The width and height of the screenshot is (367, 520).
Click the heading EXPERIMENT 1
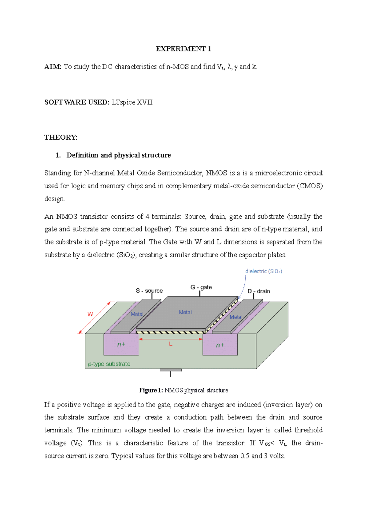pyautogui.click(x=183, y=49)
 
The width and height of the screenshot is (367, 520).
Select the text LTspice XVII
pyautogui.click(x=132, y=102)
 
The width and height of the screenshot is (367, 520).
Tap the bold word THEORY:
pyautogui.click(x=61, y=138)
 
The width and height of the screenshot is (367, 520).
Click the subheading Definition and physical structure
pyautogui.click(x=118, y=155)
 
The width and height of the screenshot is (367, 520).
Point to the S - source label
pyautogui.click(x=149, y=291)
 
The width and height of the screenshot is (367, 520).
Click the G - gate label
pyautogui.click(x=201, y=287)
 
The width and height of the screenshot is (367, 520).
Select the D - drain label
pyautogui.click(x=259, y=291)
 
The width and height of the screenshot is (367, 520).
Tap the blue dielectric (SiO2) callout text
pyautogui.click(x=264, y=271)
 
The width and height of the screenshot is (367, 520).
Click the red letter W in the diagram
pyautogui.click(x=90, y=314)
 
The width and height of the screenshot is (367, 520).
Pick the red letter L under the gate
pyautogui.click(x=171, y=344)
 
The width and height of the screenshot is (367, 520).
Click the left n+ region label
pyautogui.click(x=121, y=345)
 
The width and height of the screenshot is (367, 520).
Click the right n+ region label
pyautogui.click(x=220, y=345)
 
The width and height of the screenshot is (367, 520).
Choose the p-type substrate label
pyautogui.click(x=109, y=364)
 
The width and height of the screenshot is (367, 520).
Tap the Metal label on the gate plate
pyautogui.click(x=185, y=312)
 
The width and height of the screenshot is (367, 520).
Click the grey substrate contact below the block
pyautogui.click(x=171, y=370)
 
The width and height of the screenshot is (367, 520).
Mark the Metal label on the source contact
pyautogui.click(x=137, y=314)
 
